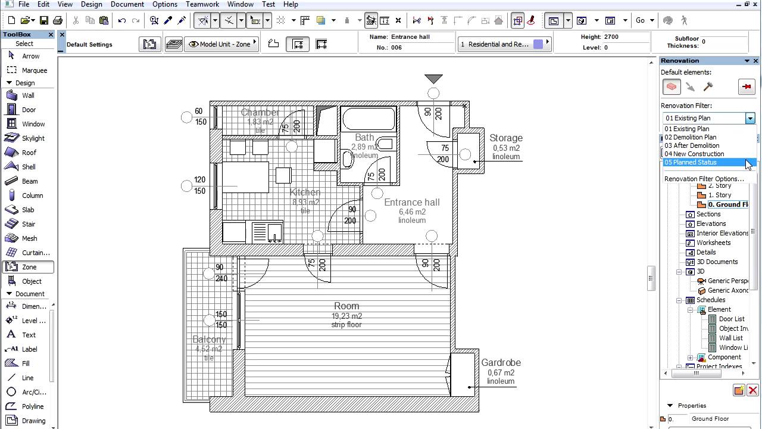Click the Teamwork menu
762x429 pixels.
202,4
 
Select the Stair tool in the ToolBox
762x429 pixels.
28,224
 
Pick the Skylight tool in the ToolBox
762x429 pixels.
33,138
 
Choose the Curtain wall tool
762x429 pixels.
35,253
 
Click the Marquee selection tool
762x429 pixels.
34,70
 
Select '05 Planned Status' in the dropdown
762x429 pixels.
691,162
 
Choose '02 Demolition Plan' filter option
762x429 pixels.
690,137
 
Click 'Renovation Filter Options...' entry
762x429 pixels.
704,179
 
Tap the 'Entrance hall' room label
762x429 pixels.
411,203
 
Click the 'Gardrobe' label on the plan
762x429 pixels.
501,362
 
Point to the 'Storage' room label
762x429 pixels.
505,138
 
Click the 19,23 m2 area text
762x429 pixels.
346,316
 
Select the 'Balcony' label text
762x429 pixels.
209,339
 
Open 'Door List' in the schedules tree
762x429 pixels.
731,319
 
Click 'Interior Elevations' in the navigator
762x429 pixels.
722,233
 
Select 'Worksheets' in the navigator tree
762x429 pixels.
713,243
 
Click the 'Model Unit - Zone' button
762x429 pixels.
220,44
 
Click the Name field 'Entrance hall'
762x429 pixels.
410,37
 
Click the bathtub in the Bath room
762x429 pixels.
368,119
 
